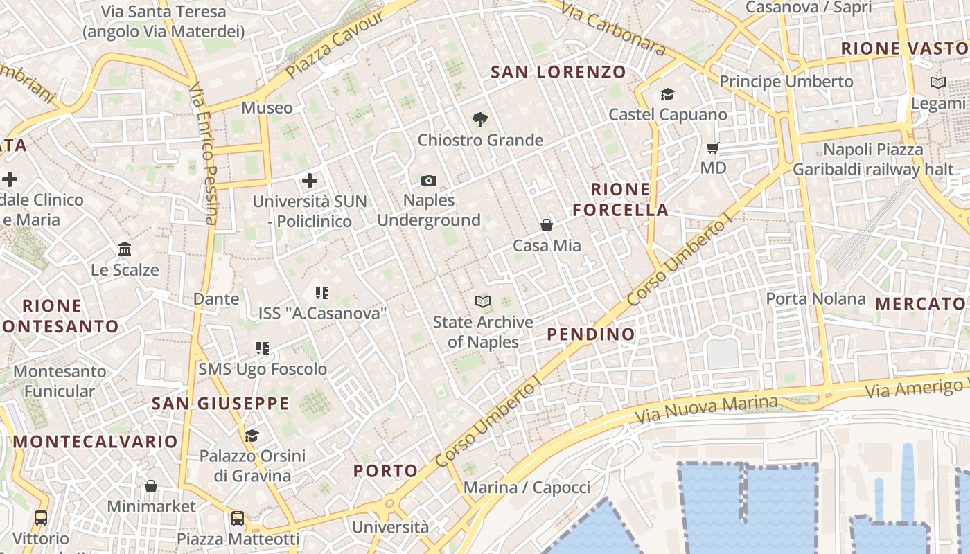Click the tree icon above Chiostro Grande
click(x=479, y=120)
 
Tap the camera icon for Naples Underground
click(x=429, y=181)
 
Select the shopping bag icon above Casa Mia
click(x=547, y=225)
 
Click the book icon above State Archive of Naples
click(x=483, y=301)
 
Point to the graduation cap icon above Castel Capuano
click(x=667, y=94)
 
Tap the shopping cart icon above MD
click(x=712, y=148)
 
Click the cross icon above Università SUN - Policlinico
click(x=310, y=181)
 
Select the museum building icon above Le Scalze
click(x=125, y=249)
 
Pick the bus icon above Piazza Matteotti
click(x=238, y=518)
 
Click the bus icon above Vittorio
click(x=41, y=517)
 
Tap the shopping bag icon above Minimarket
click(x=151, y=486)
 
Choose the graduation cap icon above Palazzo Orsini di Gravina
click(x=252, y=436)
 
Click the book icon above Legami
click(x=937, y=82)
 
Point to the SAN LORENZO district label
click(x=558, y=72)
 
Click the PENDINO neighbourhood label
click(x=591, y=334)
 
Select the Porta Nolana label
click(x=815, y=299)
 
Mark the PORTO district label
click(x=386, y=472)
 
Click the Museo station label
click(x=267, y=108)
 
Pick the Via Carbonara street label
click(x=613, y=28)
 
